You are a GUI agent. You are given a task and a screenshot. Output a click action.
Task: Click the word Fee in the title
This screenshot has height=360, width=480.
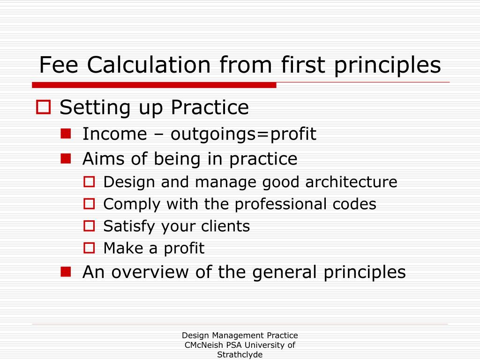tap(60, 65)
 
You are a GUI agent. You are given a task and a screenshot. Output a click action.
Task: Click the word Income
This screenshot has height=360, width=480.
tap(114, 134)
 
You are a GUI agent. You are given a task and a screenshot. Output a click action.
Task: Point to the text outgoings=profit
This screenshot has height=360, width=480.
tap(243, 135)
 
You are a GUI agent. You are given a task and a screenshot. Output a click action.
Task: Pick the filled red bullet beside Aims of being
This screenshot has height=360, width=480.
tap(66, 158)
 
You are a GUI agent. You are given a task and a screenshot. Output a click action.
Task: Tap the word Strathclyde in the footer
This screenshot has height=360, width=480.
tap(240, 355)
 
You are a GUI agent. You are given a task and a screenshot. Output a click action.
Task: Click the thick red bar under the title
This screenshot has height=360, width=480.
tap(154, 85)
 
